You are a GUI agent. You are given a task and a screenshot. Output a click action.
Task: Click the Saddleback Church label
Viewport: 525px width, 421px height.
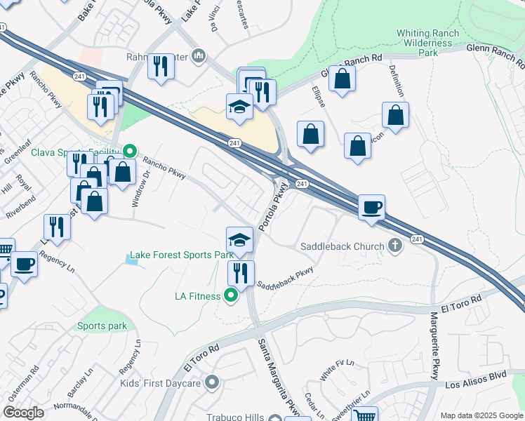pyautogui.click(x=342, y=246)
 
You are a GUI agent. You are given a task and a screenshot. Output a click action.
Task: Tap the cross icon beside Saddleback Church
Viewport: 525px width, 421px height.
pyautogui.click(x=395, y=246)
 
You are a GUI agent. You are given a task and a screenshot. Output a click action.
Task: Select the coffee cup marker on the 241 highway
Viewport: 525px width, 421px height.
pyautogui.click(x=371, y=207)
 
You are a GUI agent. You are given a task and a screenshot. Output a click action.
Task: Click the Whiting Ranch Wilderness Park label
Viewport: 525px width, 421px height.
pyautogui.click(x=427, y=42)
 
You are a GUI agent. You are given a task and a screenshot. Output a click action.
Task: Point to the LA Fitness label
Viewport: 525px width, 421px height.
pyautogui.click(x=197, y=296)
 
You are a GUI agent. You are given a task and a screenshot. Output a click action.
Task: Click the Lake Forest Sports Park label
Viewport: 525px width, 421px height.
pyautogui.click(x=181, y=255)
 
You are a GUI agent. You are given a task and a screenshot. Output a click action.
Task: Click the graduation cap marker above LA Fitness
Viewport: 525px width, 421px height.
pyautogui.click(x=239, y=240)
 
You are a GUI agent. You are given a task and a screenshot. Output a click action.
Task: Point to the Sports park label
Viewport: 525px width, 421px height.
pyautogui.click(x=102, y=326)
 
